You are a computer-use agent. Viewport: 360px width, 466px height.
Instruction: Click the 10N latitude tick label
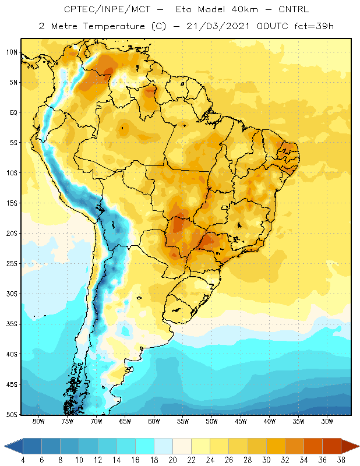(x=12, y=52)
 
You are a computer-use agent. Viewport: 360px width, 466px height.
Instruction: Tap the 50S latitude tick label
(x=12, y=414)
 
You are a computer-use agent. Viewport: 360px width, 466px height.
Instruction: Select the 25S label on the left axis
(x=12, y=264)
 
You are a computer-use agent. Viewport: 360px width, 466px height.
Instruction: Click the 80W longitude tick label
(x=38, y=421)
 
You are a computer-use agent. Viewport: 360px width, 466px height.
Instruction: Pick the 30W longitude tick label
(x=327, y=421)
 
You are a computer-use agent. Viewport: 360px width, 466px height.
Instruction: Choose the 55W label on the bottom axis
(x=183, y=421)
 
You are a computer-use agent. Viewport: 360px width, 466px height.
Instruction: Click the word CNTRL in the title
(x=294, y=9)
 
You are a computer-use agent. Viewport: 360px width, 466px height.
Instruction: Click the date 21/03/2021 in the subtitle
(x=218, y=26)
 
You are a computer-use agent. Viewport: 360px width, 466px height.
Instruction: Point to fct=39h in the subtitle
(x=314, y=26)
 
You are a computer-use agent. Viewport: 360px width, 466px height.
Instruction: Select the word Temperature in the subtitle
(x=114, y=26)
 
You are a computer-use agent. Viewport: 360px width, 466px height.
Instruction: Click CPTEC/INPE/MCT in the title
(x=107, y=9)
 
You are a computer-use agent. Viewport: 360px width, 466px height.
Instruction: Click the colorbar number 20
(x=172, y=460)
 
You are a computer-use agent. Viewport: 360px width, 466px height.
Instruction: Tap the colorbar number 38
(x=341, y=460)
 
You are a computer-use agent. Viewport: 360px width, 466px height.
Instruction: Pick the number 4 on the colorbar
(x=23, y=460)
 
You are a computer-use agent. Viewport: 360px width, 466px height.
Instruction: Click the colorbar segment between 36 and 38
(x=332, y=446)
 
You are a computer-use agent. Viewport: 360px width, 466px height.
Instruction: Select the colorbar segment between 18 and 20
(x=164, y=446)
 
